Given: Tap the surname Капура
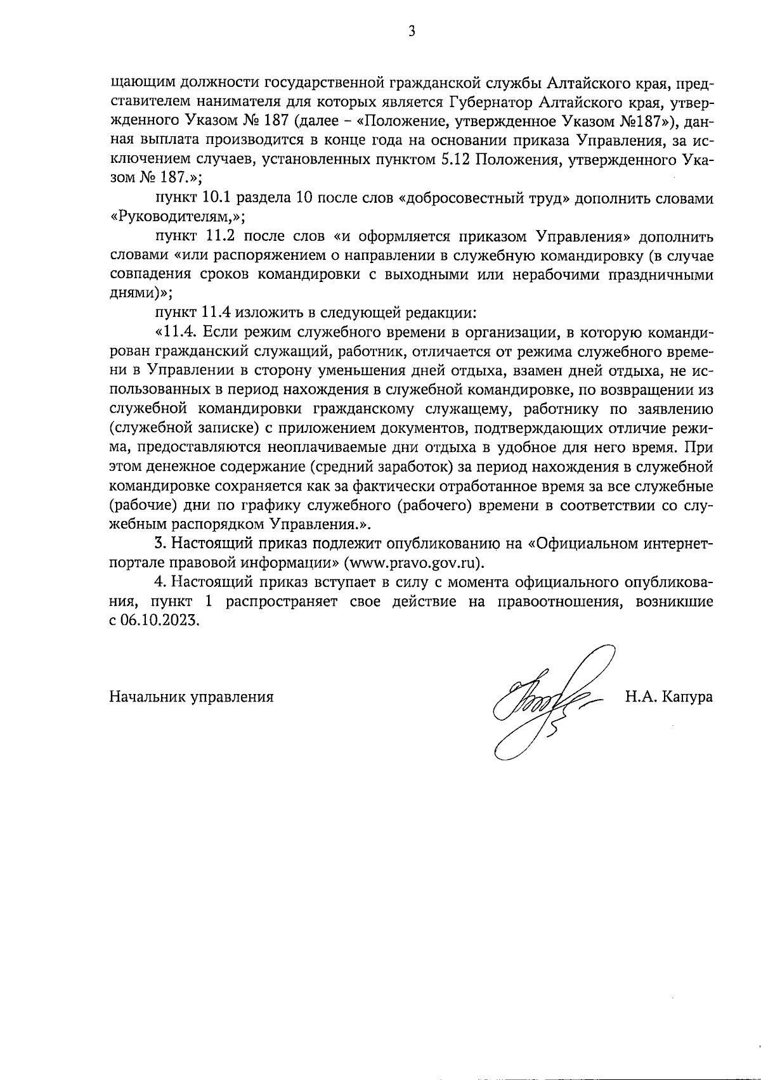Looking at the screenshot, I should (x=686, y=697).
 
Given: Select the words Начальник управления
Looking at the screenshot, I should (x=192, y=697).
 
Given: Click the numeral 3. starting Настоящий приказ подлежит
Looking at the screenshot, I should (x=160, y=544).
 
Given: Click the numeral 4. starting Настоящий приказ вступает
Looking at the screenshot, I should (x=160, y=582).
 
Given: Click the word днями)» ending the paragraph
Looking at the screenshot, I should (x=141, y=294).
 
